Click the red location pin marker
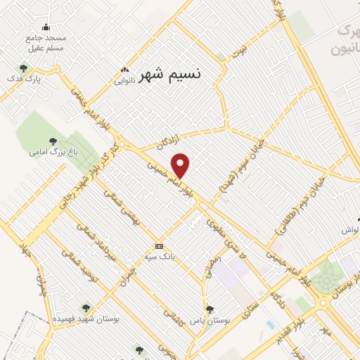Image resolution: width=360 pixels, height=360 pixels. pos(181,165)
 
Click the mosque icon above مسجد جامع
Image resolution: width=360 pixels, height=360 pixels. pos(46,27)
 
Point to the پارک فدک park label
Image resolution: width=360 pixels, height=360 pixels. pos(25,79)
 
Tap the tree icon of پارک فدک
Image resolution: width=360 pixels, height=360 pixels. pos(24,68)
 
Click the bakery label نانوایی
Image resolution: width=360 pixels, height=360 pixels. pos(126,80)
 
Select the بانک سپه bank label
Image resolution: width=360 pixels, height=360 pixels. pos(160,257)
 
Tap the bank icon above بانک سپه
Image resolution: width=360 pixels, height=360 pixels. pos(160,246)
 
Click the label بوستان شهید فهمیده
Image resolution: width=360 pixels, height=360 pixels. pos(86,319)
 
